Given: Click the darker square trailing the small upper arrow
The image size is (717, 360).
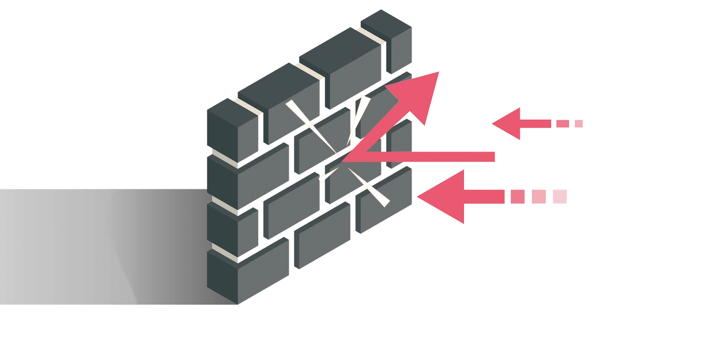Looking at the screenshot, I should [x=562, y=124].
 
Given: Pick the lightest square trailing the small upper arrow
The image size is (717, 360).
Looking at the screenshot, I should [x=579, y=124].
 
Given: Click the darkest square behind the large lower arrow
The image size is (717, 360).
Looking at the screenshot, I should [x=517, y=197].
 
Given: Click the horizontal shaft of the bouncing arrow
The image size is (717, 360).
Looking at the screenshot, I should [x=427, y=157].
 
